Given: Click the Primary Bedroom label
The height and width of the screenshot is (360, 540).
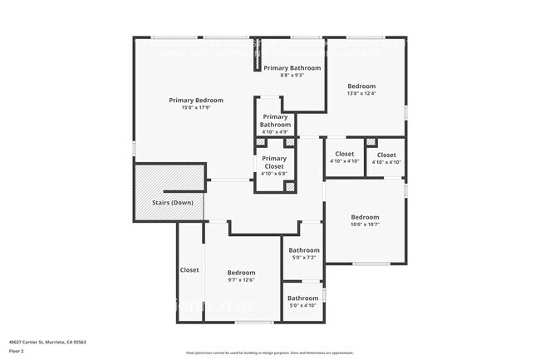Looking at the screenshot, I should (x=196, y=101).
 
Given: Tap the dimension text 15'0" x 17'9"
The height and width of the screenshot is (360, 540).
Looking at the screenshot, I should (x=196, y=108).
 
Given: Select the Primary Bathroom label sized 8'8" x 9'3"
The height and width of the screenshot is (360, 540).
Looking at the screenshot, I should (x=292, y=67).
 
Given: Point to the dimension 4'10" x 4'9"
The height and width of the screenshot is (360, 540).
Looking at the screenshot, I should (x=275, y=131).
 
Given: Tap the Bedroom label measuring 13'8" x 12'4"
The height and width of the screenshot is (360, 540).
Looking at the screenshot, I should (x=361, y=86).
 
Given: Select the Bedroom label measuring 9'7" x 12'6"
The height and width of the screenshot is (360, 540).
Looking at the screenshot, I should (x=241, y=273).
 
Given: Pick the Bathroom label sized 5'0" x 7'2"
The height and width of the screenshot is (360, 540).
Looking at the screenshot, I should (x=303, y=250).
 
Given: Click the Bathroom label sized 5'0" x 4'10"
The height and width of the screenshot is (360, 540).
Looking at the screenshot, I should (x=303, y=298).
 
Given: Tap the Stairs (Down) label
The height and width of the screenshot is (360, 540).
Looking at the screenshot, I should (x=172, y=203).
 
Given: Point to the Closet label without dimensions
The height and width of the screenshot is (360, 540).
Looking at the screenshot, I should (x=189, y=270).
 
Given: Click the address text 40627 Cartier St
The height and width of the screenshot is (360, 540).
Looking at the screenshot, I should (x=47, y=342).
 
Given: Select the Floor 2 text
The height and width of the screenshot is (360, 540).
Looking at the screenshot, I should (x=17, y=352).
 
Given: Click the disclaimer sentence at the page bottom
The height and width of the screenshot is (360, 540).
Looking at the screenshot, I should (x=270, y=353).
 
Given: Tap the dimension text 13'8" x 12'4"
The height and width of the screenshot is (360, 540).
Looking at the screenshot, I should (x=361, y=93).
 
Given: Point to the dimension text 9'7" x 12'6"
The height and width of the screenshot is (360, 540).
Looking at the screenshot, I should (x=241, y=280).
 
